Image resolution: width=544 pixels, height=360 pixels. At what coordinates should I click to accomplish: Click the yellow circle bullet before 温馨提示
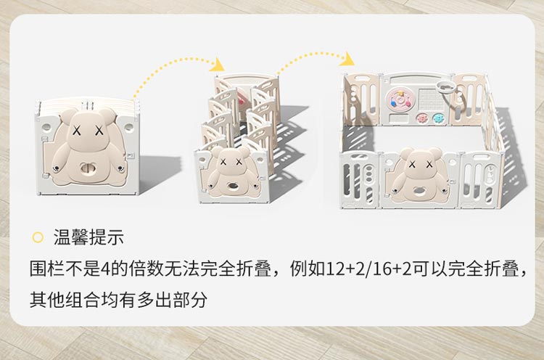click(38, 237)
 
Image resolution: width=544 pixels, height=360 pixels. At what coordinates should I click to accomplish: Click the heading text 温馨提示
click(88, 237)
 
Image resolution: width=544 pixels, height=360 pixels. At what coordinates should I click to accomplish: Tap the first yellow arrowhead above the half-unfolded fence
click(218, 65)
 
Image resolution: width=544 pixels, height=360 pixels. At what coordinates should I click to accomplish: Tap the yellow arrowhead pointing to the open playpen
click(347, 59)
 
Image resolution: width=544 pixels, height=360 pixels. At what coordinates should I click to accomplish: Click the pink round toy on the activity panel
click(400, 99)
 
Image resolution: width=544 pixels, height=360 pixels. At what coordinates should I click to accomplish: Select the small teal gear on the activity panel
click(438, 118)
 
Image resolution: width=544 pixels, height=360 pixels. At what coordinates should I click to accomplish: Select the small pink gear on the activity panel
click(421, 118)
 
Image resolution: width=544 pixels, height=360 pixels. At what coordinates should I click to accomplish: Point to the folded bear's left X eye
click(77, 131)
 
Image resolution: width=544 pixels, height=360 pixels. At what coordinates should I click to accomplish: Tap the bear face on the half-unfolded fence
click(231, 163)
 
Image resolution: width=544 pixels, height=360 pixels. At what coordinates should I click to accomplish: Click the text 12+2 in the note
click(341, 269)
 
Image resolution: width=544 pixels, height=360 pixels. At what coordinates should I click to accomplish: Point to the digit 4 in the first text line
click(105, 269)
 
